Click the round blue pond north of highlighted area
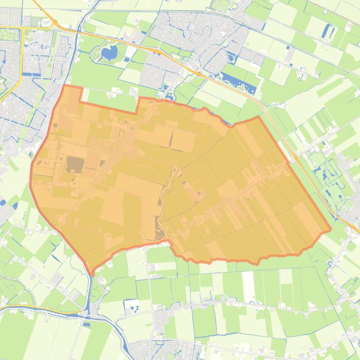pos(109,53)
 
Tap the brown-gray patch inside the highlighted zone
pos(75,164)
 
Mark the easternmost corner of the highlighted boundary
pos(331,230)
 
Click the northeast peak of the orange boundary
pos(258,117)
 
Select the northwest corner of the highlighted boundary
pos(65,86)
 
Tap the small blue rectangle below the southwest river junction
pos(86,324)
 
